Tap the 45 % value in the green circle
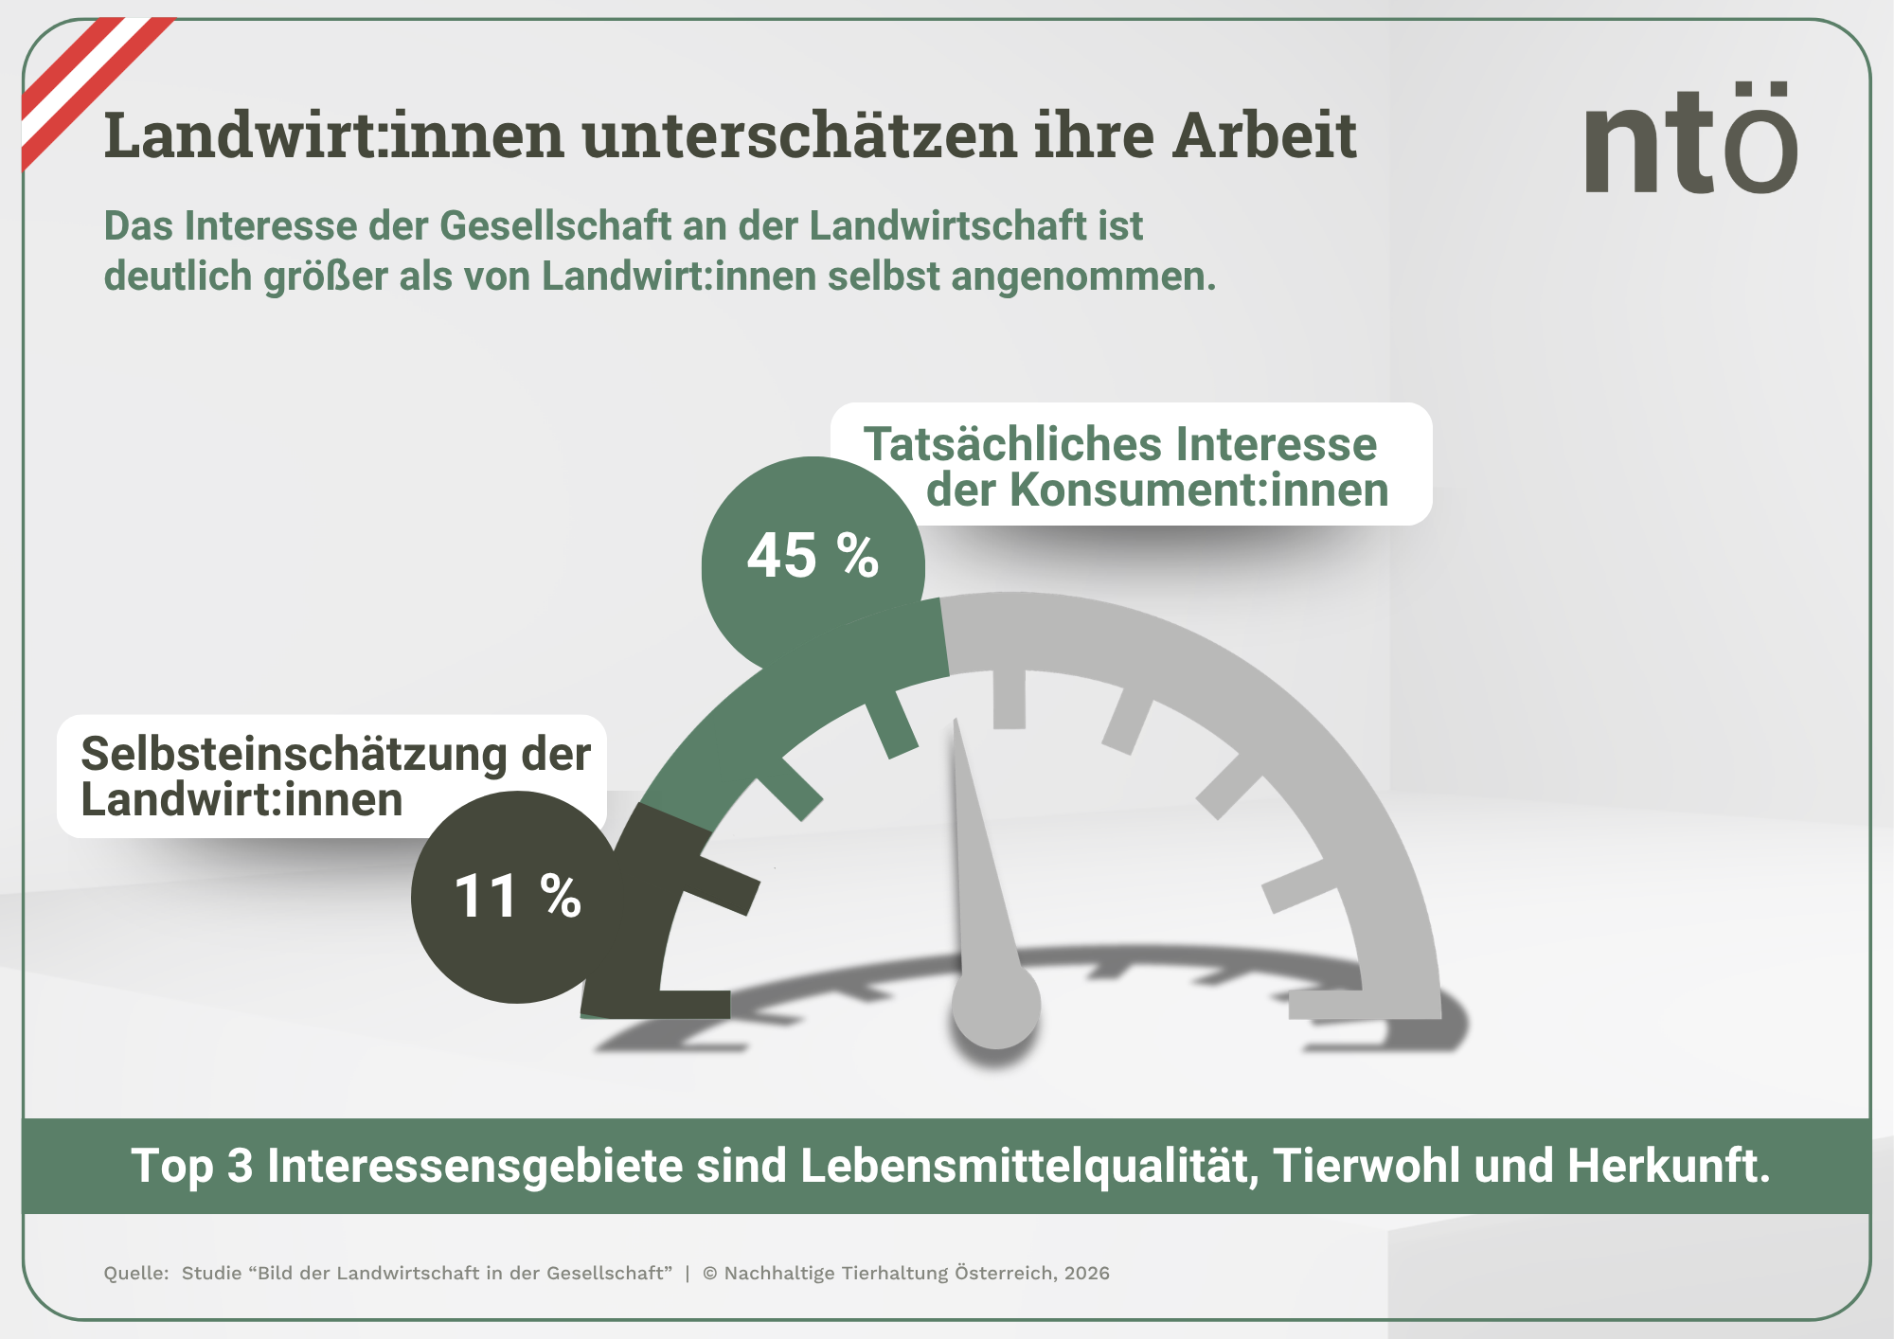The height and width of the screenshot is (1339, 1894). click(813, 556)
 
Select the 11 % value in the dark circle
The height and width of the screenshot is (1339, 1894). click(517, 896)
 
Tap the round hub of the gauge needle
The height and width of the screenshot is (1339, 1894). click(996, 1006)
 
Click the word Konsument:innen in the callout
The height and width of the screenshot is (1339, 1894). click(1198, 491)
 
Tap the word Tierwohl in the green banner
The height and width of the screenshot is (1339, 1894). click(1366, 1166)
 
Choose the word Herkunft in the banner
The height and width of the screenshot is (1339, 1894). click(1668, 1166)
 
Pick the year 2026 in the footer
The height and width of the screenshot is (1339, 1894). click(1086, 1274)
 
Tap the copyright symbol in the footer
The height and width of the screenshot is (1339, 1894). click(709, 1274)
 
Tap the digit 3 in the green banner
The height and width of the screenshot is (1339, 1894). click(240, 1166)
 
